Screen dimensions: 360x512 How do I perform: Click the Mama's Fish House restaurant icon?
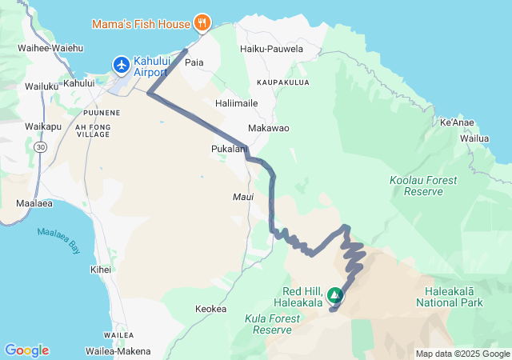[x=203, y=22]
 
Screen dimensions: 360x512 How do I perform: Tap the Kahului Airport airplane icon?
[x=122, y=63]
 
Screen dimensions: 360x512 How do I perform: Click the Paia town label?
[x=194, y=62]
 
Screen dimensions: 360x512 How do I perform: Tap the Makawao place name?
[x=269, y=128]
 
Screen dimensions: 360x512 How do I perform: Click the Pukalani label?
[x=228, y=149]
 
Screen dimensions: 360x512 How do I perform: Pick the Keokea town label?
[x=211, y=309]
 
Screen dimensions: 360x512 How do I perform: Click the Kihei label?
[x=102, y=270]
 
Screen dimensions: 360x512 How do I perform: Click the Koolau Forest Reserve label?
[x=416, y=186]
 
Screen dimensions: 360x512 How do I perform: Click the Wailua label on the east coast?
[x=474, y=138]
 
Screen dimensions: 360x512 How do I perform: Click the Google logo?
[x=26, y=350]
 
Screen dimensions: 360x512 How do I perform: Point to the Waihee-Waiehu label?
[x=50, y=48]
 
